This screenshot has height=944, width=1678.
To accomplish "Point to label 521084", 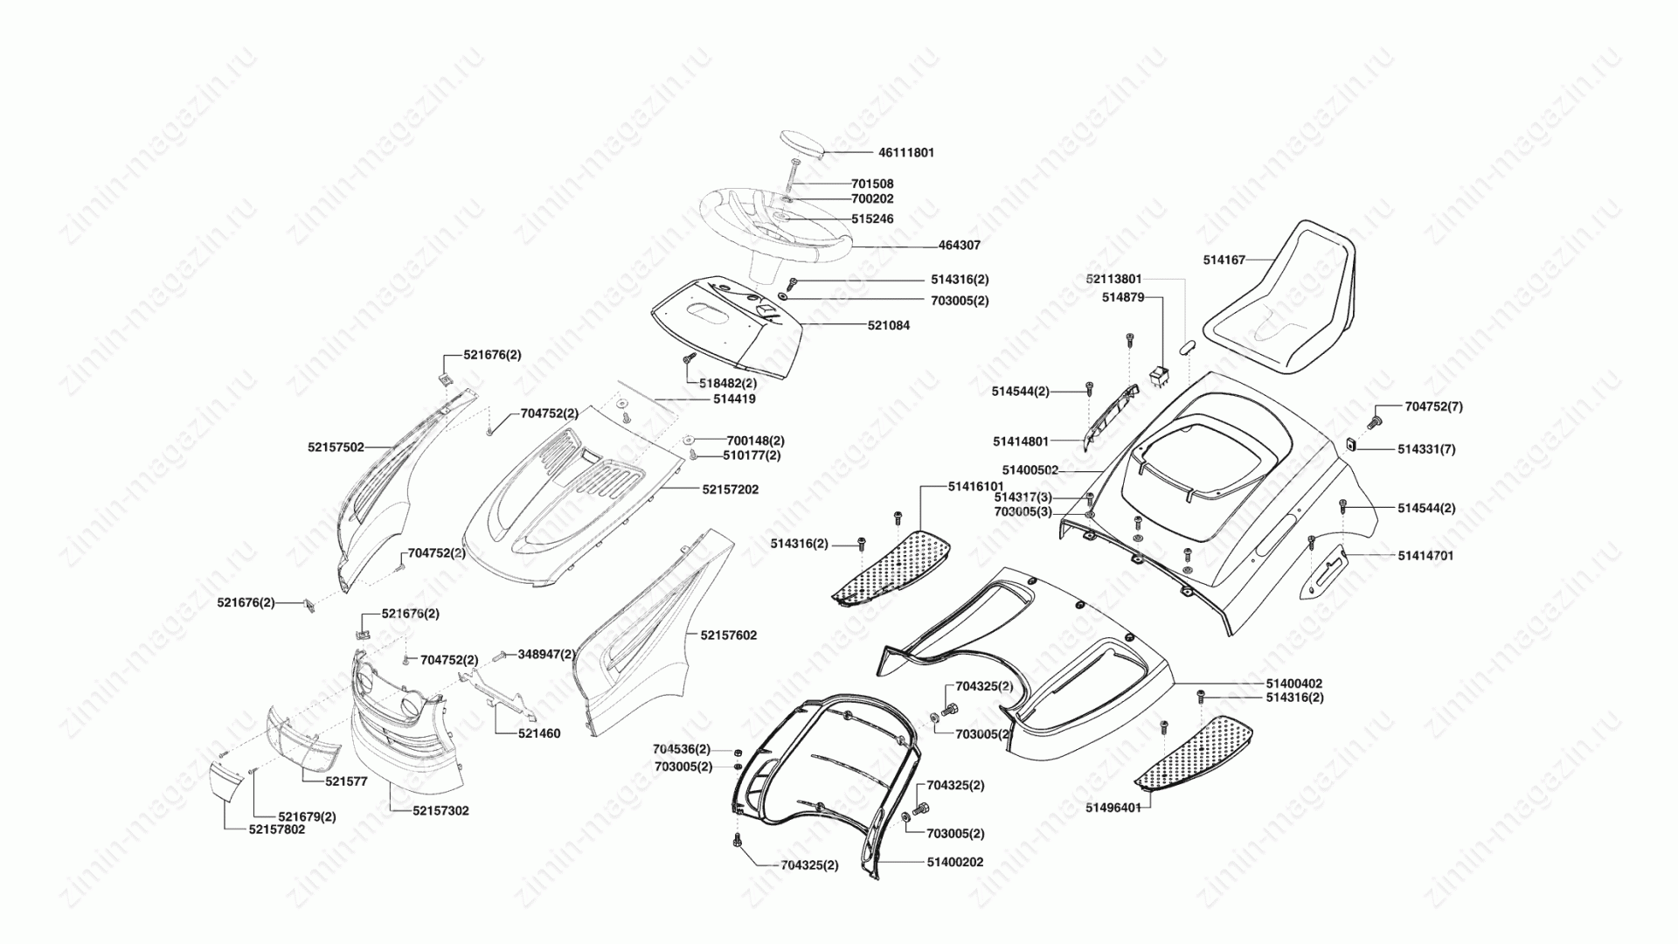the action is [x=889, y=325].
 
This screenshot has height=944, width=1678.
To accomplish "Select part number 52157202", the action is [x=730, y=489].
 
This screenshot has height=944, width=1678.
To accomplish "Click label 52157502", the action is [x=336, y=447].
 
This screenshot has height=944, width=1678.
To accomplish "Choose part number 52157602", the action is [x=728, y=635].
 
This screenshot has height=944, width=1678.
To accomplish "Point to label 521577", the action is [x=346, y=781].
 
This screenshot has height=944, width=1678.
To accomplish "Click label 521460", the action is [x=539, y=733].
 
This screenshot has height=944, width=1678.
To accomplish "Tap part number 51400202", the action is [x=955, y=862].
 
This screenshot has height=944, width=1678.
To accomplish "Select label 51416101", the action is [x=976, y=486].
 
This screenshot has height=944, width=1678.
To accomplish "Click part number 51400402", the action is [x=1294, y=684].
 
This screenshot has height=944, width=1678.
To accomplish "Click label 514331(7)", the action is [x=1426, y=449].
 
